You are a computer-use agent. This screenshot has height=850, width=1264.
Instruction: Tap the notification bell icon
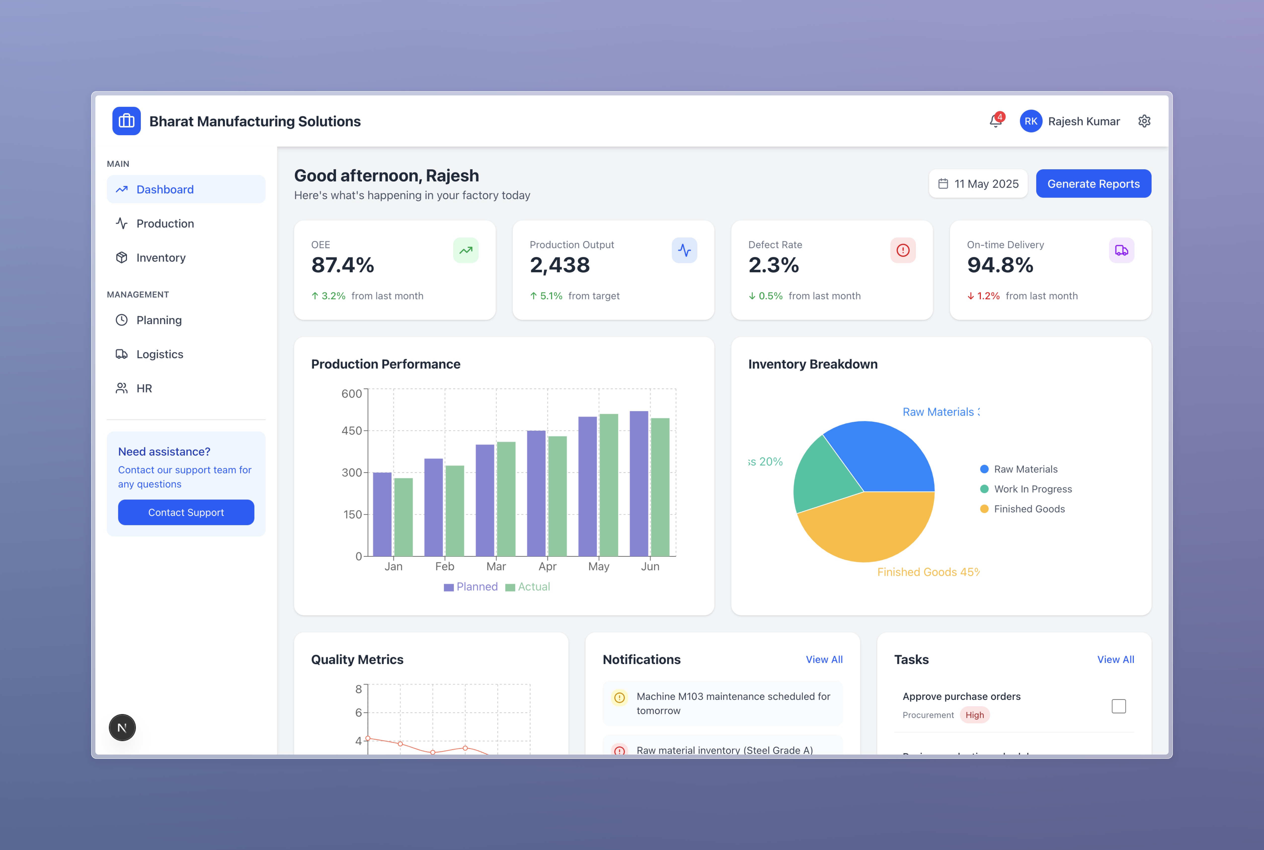tap(995, 121)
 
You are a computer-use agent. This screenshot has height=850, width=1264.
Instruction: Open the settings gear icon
tap(1144, 121)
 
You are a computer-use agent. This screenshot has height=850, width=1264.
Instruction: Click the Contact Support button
tap(186, 512)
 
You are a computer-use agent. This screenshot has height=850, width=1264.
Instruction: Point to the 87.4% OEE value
tap(342, 265)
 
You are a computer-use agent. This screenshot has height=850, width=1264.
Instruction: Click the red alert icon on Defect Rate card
tap(903, 251)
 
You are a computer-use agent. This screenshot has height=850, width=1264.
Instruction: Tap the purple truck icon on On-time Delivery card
tap(1121, 251)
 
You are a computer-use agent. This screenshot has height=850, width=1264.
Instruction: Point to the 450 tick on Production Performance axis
tap(352, 430)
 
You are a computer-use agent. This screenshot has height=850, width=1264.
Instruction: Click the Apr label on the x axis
tap(547, 566)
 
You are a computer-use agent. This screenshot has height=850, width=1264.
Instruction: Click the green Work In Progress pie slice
tap(824, 477)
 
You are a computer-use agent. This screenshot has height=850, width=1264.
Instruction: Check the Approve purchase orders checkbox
tap(1118, 706)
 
